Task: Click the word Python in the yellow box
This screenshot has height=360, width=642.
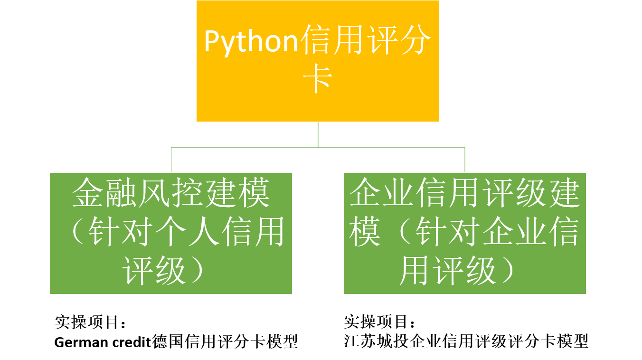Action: [x=251, y=42]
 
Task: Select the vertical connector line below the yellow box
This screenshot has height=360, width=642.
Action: [x=318, y=134]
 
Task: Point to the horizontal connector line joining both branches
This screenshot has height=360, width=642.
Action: [x=318, y=147]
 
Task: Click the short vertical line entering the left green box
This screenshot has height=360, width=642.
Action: [x=171, y=160]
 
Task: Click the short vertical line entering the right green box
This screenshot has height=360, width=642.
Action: [x=464, y=160]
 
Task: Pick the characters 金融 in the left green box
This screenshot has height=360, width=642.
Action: [x=104, y=192]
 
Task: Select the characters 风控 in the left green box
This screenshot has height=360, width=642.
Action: [x=170, y=192]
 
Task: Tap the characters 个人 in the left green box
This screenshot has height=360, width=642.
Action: [x=187, y=231]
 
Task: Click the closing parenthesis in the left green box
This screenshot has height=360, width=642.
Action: [x=197, y=270]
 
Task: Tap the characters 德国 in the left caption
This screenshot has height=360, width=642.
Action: [x=167, y=341]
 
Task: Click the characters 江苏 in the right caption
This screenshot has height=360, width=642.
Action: [x=360, y=341]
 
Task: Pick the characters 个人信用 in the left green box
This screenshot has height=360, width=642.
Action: [x=220, y=231]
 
